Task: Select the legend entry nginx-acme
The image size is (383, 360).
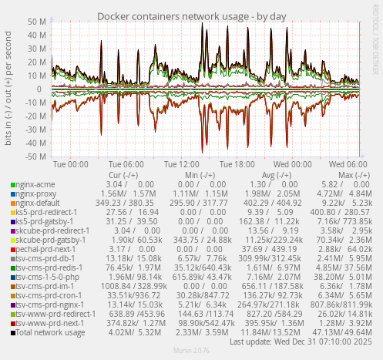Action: coord(35,184)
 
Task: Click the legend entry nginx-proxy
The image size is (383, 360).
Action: coord(37,193)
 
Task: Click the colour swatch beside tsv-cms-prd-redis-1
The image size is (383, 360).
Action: coord(12,267)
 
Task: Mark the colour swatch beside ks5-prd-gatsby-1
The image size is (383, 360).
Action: coord(12,221)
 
